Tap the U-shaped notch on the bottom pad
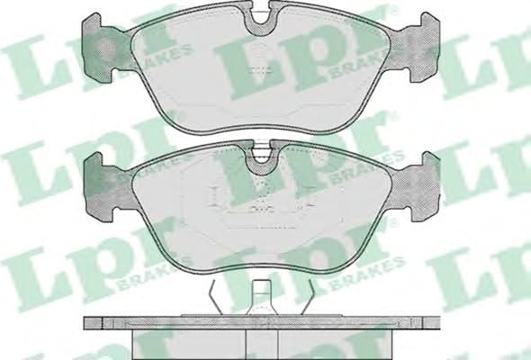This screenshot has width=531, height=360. point(262,157)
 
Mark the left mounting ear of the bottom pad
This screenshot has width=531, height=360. point(103,184)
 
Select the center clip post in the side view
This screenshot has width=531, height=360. point(262,298)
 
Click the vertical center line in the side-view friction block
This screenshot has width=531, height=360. point(263,342)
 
